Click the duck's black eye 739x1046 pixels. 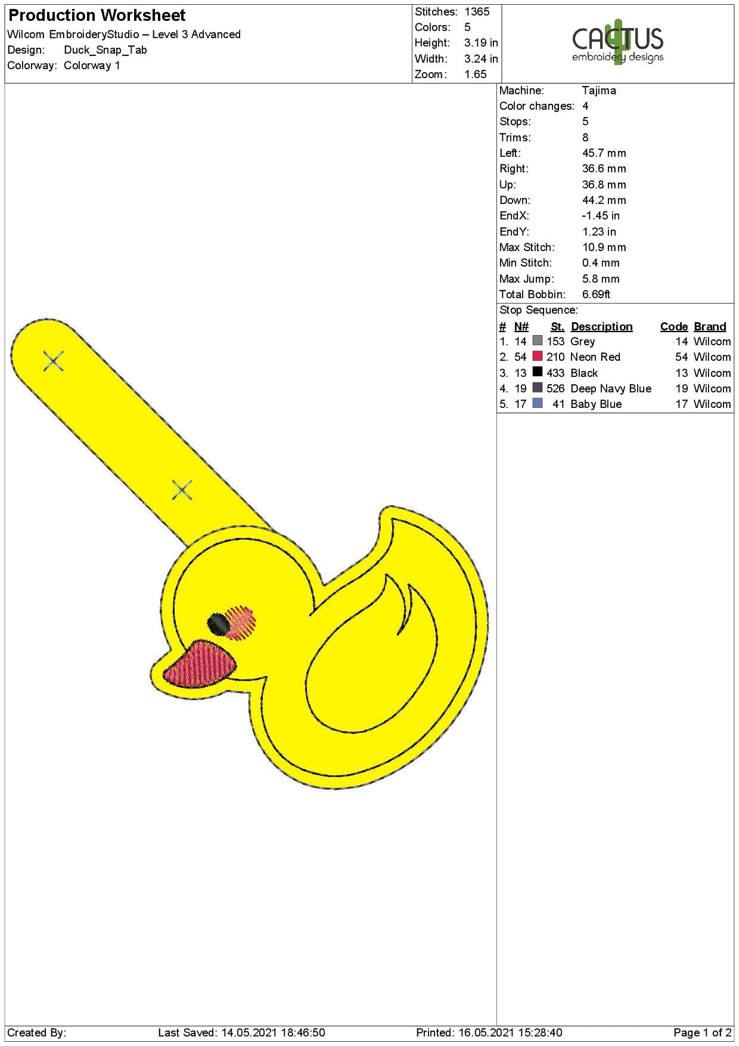coord(219,624)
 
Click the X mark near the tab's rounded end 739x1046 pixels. coord(54,361)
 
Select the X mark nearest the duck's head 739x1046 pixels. coord(182,490)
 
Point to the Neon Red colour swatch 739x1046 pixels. coord(538,356)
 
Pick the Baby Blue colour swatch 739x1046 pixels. coord(538,403)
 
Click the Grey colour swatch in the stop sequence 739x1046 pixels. coord(538,341)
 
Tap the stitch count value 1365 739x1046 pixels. coord(477,12)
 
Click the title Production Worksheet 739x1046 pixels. coord(97,15)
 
